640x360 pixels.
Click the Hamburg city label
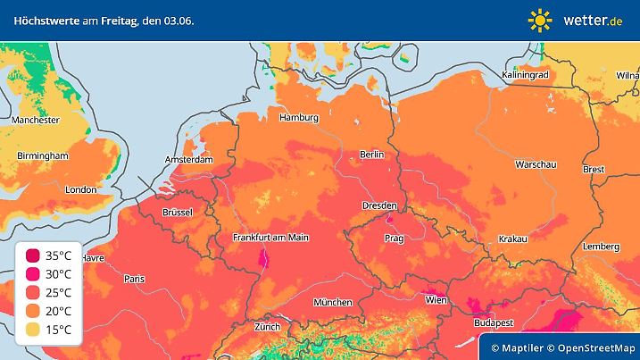tap(299, 118)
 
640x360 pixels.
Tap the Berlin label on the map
tap(371, 155)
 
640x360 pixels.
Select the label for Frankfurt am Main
tap(270, 238)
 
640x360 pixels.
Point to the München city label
tap(331, 303)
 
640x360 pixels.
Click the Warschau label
tap(536, 165)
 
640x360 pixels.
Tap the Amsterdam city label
tap(189, 160)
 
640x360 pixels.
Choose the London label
tap(80, 189)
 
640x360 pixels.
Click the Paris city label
tap(134, 279)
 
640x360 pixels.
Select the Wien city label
tap(436, 300)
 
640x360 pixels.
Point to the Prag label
tap(395, 239)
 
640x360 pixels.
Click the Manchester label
tap(36, 120)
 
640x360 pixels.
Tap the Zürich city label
tap(267, 327)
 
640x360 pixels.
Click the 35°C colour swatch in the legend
tap(33, 255)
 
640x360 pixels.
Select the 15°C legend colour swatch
tap(33, 330)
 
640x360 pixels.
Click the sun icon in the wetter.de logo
tap(540, 20)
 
